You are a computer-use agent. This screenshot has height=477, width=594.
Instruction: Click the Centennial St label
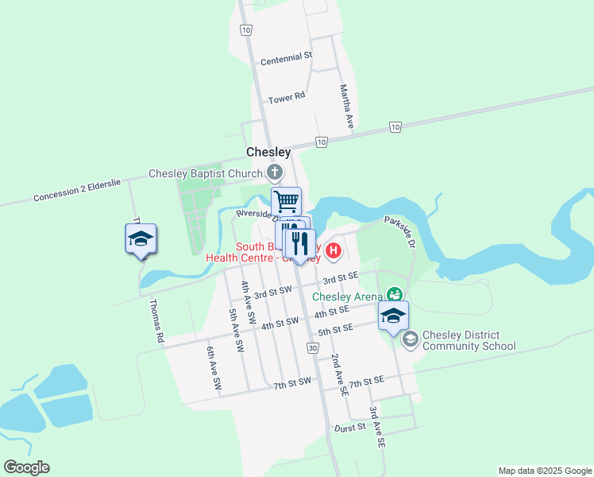(x=287, y=60)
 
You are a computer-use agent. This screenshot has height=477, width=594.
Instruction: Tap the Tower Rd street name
(x=286, y=99)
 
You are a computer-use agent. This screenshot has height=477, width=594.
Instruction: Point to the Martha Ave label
(x=345, y=107)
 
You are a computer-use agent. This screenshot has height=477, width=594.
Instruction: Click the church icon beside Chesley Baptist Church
(x=274, y=173)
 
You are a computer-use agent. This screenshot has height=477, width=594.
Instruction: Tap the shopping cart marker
(x=286, y=201)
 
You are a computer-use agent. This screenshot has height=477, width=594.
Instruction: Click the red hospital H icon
(x=334, y=251)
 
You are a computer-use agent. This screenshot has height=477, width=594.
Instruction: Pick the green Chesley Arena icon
(x=392, y=295)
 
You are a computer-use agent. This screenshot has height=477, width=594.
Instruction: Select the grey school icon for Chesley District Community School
(x=410, y=340)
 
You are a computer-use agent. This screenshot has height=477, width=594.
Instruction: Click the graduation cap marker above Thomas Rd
(x=141, y=238)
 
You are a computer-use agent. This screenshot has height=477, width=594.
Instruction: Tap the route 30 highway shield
(x=313, y=349)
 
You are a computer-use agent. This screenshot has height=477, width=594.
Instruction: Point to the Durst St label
(x=349, y=426)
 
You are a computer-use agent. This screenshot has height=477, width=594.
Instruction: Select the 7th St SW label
(x=291, y=385)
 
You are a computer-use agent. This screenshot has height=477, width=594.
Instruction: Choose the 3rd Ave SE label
(x=376, y=427)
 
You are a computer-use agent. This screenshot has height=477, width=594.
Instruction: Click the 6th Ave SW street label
(x=214, y=367)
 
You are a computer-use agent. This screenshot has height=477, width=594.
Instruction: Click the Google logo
(x=26, y=467)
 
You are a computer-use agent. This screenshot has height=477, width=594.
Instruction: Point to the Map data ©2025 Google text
(x=544, y=471)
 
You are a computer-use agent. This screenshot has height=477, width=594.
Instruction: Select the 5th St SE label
(x=334, y=329)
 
